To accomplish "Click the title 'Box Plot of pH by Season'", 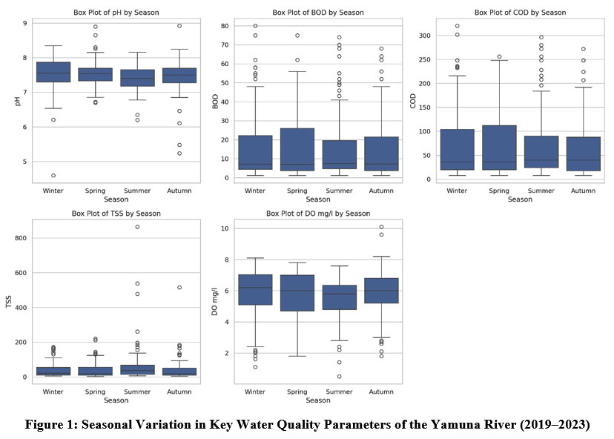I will click(116, 13).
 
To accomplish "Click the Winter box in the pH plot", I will click(53, 72).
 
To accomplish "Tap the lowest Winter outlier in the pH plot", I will click(53, 176).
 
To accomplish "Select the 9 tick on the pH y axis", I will click(24, 24).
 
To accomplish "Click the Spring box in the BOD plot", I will click(297, 149).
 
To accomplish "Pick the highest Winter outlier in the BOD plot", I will click(255, 26).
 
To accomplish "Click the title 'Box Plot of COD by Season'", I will click(520, 13).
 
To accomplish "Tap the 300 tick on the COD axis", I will click(427, 36).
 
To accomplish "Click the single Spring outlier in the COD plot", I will click(499, 56).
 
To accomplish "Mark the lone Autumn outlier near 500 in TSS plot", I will click(179, 287).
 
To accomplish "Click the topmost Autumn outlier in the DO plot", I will click(381, 227).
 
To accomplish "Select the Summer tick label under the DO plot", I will click(339, 392).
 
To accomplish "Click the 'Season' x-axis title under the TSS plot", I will click(116, 400).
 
